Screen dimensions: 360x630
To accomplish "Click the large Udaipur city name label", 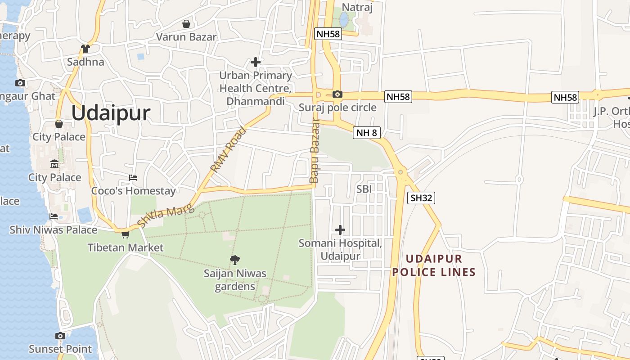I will coord(111,112).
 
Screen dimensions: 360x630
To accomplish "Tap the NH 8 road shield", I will coord(367,132).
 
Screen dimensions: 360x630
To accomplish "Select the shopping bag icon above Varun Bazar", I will coord(186,23).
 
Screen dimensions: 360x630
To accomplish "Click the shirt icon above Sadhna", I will coord(85,48).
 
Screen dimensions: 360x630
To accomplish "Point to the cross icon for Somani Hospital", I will coord(340,230).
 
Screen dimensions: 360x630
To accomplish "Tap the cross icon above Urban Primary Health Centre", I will coord(256,62).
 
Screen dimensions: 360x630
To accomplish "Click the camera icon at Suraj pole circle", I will coord(337,94).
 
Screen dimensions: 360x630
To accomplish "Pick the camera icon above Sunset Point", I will coord(60,336).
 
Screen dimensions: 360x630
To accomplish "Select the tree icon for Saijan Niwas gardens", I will coord(234,260).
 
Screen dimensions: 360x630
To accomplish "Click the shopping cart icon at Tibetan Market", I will coord(125,234).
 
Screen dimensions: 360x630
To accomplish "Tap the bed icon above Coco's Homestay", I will coord(133,178).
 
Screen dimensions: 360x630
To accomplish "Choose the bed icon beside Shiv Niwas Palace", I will coord(54,216).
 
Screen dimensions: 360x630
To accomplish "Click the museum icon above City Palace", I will coord(54,164).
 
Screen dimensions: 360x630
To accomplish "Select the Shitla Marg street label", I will coord(165,215).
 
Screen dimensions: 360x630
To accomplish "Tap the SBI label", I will coord(364,189).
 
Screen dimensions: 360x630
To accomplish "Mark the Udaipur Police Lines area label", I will coord(434,265).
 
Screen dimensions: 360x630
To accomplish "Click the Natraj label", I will coord(357,7).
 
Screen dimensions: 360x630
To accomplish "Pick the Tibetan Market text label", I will coord(126,247).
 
